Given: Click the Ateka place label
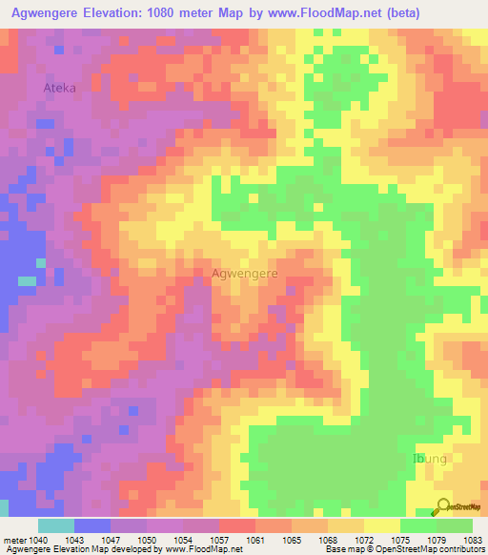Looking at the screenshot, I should click(x=59, y=88).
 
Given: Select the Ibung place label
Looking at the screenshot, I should click(x=428, y=459).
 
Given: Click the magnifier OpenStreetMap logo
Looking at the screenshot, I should click(x=442, y=506).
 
